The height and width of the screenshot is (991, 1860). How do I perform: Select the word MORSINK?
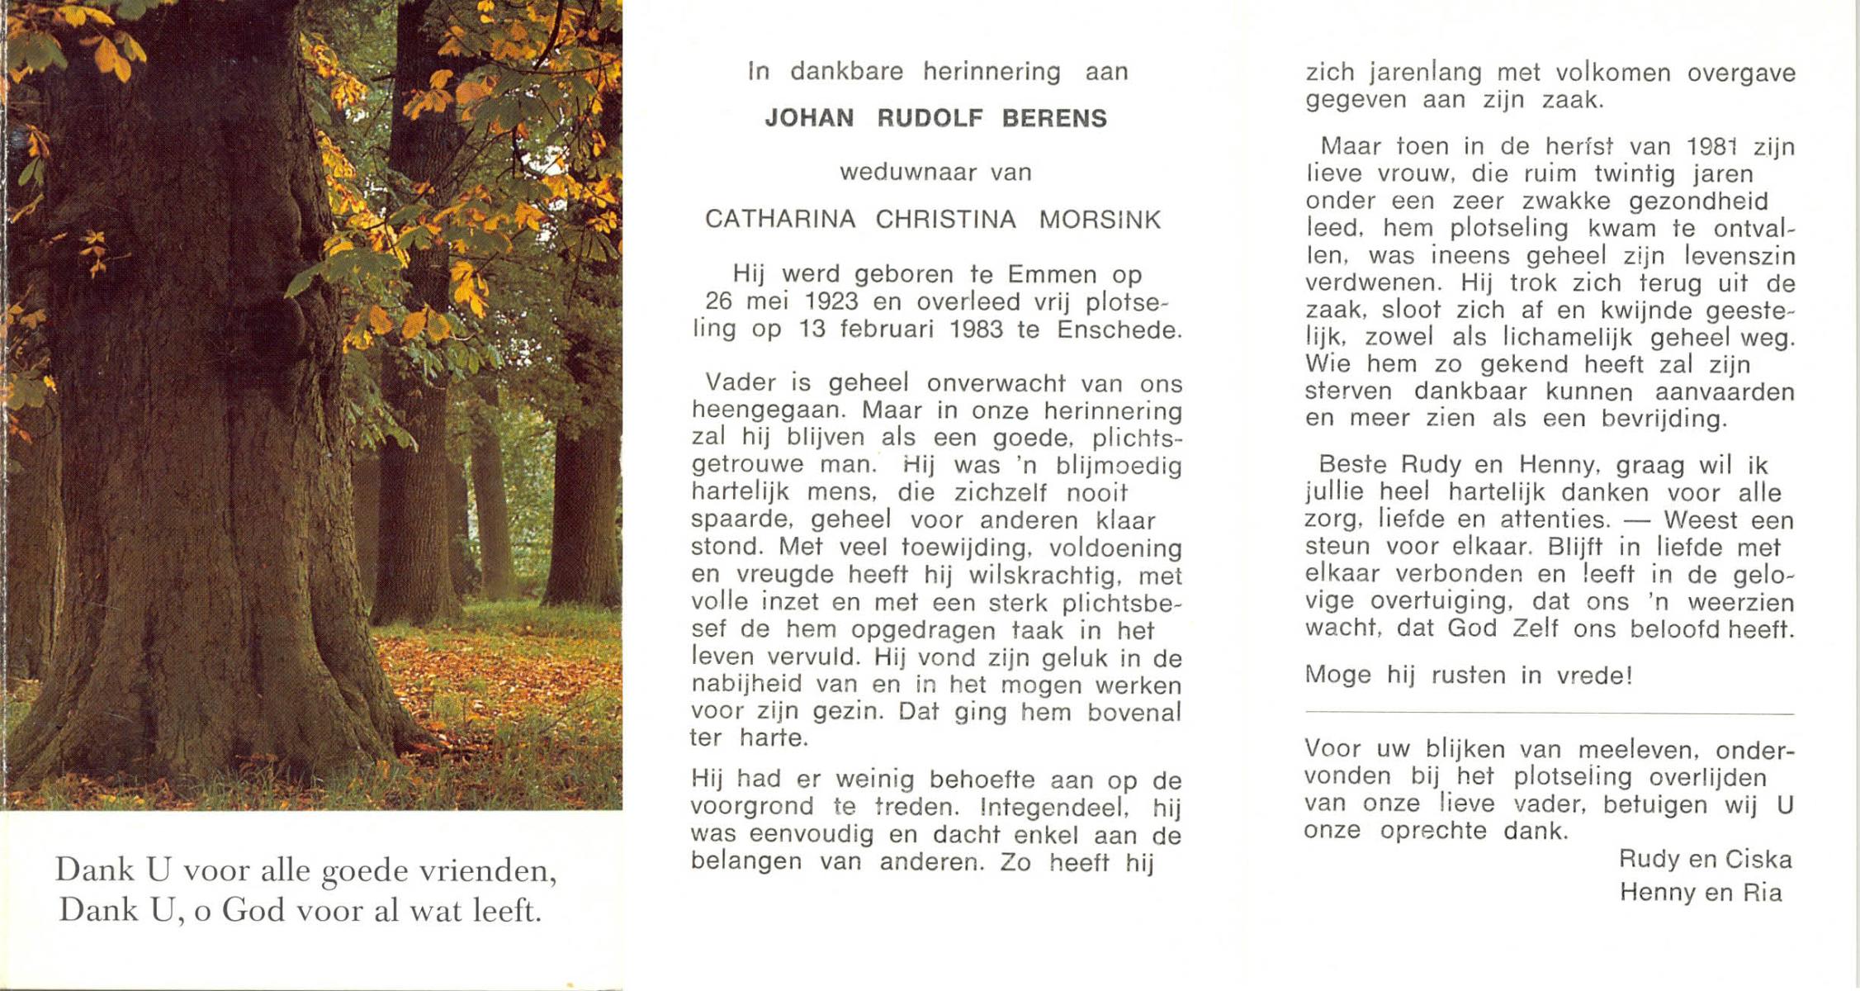[x=1100, y=220]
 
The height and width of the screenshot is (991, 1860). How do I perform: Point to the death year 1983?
[x=976, y=330]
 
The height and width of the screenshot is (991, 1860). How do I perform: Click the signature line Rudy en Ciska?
[x=1705, y=860]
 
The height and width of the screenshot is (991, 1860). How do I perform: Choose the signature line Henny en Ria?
[x=1701, y=893]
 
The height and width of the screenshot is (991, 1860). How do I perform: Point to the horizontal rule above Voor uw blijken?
[x=1549, y=714]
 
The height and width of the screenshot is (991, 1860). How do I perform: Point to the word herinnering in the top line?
[x=991, y=72]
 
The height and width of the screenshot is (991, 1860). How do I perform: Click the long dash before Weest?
[x=1636, y=520]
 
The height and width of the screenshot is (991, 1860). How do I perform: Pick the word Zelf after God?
[x=1535, y=628]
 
